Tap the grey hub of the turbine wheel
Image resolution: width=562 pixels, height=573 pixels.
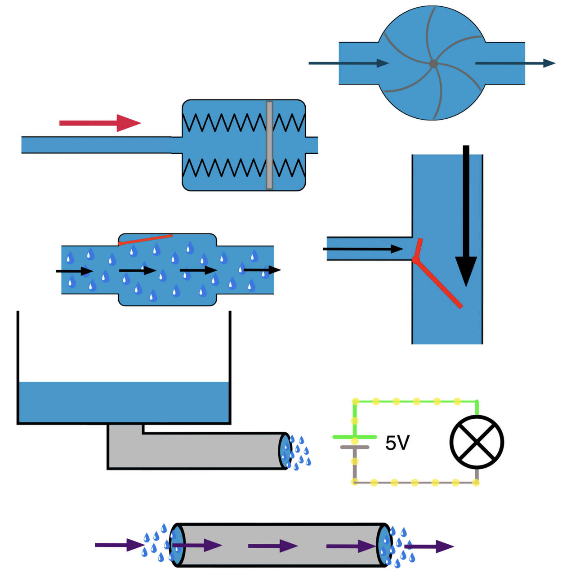(x=433, y=64)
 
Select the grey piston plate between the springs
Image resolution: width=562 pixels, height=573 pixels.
(x=269, y=145)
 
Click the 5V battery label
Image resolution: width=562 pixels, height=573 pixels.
(x=397, y=443)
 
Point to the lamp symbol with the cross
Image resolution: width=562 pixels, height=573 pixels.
(x=477, y=442)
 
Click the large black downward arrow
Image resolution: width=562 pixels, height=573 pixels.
(x=466, y=216)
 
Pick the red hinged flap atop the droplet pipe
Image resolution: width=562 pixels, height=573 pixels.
(x=145, y=239)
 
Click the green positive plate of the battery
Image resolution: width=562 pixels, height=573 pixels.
(x=355, y=437)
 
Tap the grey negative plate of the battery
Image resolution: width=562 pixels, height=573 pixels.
(x=355, y=447)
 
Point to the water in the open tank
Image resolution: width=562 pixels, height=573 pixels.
(x=124, y=403)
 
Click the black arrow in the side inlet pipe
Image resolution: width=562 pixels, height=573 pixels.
(x=362, y=249)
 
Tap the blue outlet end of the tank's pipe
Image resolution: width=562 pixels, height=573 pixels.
(x=285, y=451)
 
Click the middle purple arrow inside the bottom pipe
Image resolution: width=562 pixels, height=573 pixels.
(x=272, y=546)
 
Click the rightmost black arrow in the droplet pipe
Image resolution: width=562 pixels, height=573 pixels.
(x=262, y=270)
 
